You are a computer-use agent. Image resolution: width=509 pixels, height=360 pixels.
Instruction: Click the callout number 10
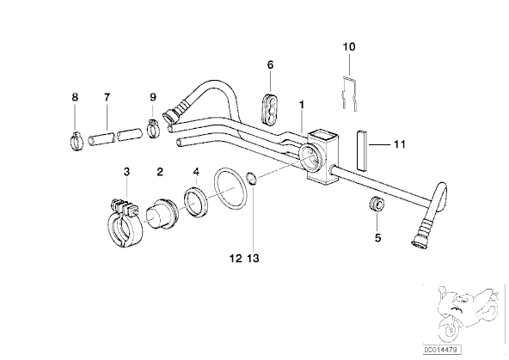point(349,46)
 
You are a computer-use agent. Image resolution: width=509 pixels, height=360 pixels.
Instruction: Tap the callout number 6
point(270,64)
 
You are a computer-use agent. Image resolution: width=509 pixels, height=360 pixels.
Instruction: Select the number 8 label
point(75,97)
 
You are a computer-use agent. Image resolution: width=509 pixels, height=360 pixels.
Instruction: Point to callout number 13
point(253,259)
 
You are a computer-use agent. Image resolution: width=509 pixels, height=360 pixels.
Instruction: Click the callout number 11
point(400,144)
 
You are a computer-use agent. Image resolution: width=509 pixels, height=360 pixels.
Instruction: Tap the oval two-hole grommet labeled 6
point(269,108)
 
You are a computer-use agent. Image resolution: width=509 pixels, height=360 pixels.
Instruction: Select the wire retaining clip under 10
point(350,94)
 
